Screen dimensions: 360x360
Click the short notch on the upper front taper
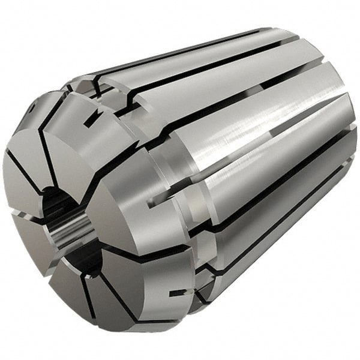91,121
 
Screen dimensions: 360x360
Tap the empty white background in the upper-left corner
24,24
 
